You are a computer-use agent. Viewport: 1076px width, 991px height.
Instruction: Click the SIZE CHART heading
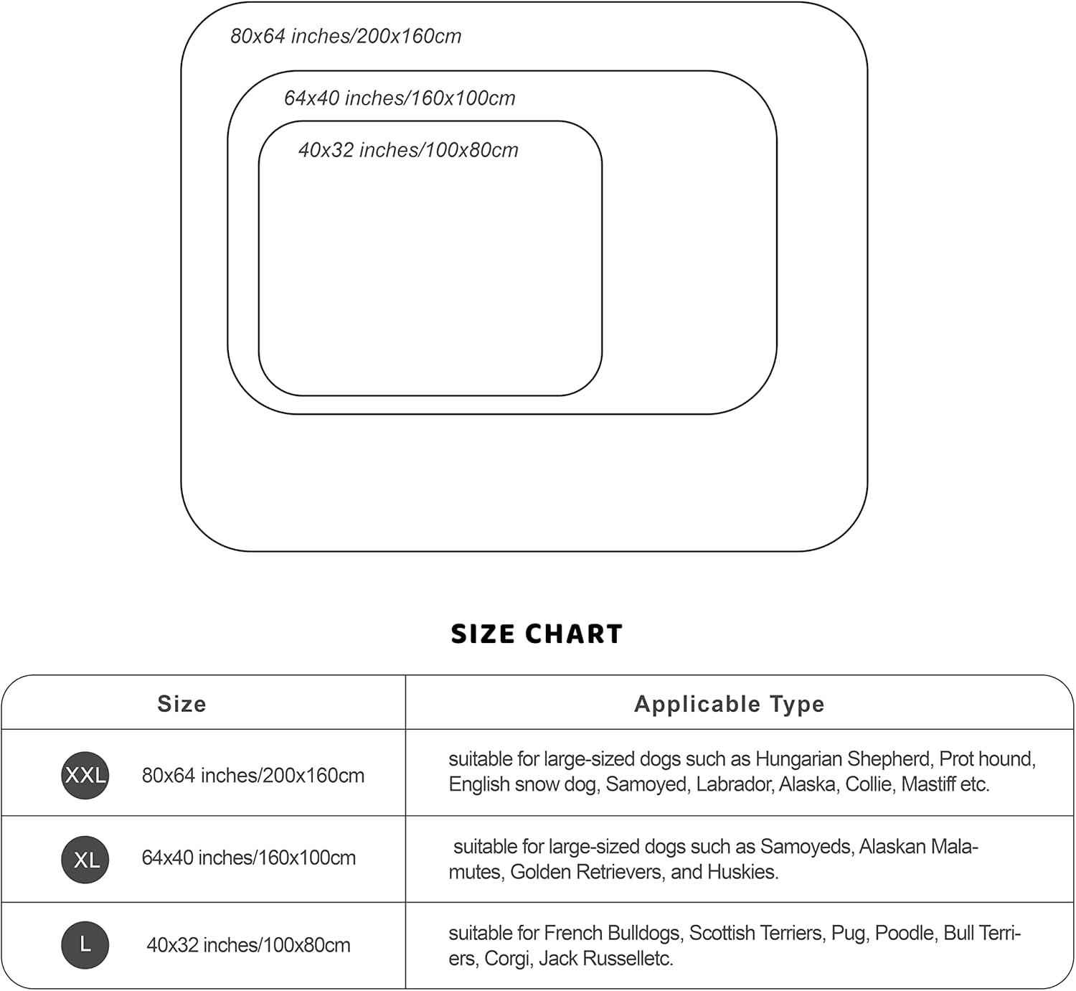tap(537, 634)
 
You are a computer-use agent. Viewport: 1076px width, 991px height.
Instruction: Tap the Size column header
tap(181, 704)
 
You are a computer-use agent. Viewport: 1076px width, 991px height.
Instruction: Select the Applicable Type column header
tap(729, 704)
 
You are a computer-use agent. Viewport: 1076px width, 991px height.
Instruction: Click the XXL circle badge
tap(85, 775)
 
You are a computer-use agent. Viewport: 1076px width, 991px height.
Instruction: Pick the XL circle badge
tap(85, 859)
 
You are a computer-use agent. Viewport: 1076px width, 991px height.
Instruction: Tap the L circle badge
tap(85, 944)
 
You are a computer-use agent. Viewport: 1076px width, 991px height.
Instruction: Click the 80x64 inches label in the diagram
tap(346, 36)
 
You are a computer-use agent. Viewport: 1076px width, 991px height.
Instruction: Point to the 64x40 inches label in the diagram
tap(400, 98)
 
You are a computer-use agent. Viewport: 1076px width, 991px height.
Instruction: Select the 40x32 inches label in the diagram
tap(408, 150)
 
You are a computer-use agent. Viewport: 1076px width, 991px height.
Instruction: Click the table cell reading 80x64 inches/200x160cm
tap(253, 776)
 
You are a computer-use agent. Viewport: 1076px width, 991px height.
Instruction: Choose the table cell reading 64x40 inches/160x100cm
tap(249, 858)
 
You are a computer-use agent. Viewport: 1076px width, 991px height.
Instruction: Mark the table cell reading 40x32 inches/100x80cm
tap(249, 945)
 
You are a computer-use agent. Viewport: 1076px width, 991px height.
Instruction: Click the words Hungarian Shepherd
tap(843, 759)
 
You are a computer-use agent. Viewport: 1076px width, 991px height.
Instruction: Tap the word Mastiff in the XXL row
tap(928, 784)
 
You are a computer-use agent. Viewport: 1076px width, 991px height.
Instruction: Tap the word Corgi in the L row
tap(506, 959)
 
